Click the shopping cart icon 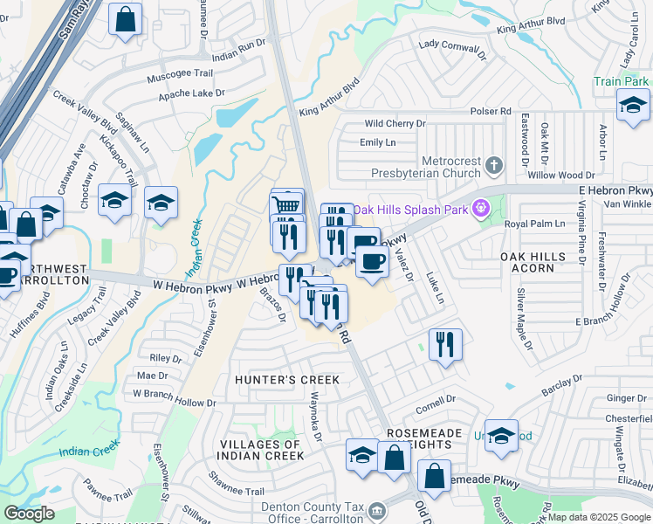(x=286, y=204)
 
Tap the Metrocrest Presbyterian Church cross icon (x=493, y=164)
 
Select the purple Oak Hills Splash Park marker (x=478, y=209)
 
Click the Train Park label (x=620, y=81)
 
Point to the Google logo (x=28, y=514)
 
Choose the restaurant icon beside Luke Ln (x=445, y=345)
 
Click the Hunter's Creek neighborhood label (x=286, y=380)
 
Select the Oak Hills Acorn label (x=527, y=262)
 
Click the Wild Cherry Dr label (x=394, y=125)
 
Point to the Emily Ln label (x=377, y=142)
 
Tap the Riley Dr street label (x=166, y=358)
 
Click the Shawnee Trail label (x=236, y=485)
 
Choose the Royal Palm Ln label (x=535, y=224)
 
